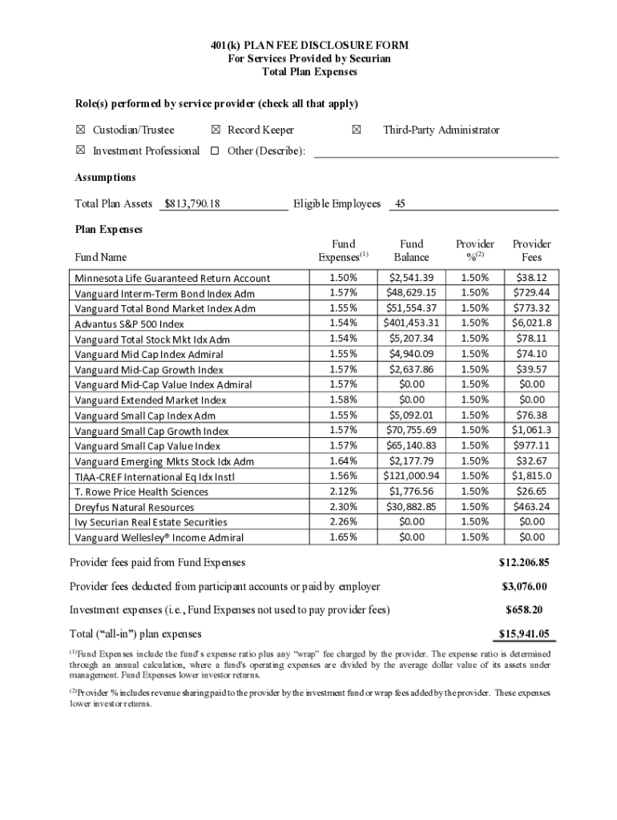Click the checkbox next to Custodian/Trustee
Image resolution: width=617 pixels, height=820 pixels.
click(x=80, y=130)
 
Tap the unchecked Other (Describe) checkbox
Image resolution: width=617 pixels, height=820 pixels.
click(x=215, y=151)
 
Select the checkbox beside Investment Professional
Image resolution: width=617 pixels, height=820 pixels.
click(x=80, y=151)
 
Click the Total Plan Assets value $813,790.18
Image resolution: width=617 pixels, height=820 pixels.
click(x=192, y=204)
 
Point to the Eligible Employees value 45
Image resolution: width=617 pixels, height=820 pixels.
click(x=401, y=204)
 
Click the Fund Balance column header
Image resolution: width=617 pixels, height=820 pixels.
click(x=412, y=251)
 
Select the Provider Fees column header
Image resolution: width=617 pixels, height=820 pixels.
click(x=531, y=251)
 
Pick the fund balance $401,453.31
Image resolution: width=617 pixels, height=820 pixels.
click(x=412, y=324)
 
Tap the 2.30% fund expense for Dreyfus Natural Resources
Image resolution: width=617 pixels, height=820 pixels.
click(x=343, y=507)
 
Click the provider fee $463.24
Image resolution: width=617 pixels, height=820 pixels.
click(x=531, y=507)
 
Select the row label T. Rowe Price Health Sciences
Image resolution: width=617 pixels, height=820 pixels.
click(x=142, y=492)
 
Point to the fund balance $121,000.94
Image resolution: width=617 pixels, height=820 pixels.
click(x=412, y=476)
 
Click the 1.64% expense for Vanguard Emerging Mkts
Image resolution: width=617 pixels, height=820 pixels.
click(x=343, y=461)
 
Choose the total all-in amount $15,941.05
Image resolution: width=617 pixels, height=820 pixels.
click(x=524, y=634)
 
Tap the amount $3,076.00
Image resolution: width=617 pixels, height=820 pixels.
click(x=524, y=587)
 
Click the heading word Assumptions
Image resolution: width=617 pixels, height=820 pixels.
click(x=105, y=178)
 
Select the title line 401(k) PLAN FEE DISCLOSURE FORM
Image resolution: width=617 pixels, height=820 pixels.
click(x=308, y=46)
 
